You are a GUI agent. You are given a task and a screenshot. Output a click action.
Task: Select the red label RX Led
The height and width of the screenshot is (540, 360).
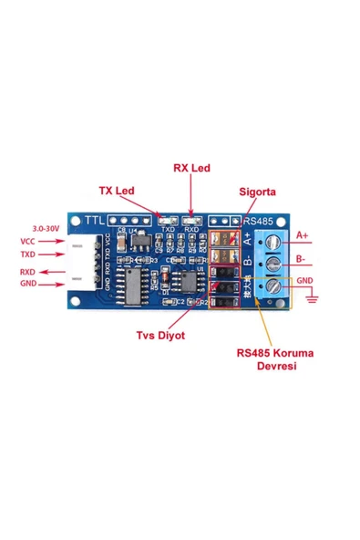[191, 169]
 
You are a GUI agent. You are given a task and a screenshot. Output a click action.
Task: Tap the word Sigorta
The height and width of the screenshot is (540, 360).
[256, 192]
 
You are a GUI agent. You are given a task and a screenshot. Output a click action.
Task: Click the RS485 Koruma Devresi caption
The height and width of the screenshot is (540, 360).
[273, 358]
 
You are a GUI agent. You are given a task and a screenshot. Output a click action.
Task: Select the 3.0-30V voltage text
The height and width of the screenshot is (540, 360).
[46, 227]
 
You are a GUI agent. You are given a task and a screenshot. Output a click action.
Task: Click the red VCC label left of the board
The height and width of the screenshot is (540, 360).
[27, 241]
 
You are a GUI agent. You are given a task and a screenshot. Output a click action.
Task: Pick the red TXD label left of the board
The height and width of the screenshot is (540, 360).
[27, 254]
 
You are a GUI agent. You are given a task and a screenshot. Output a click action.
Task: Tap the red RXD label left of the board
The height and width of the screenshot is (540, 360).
[27, 272]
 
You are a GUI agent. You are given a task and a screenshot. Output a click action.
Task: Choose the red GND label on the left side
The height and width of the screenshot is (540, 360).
[27, 285]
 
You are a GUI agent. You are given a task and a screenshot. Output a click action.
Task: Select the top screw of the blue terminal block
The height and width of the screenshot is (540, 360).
[271, 241]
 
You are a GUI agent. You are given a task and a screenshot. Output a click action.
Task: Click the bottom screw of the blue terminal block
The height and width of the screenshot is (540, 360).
[271, 287]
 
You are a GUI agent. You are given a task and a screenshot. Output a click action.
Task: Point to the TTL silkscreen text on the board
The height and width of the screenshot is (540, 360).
[94, 221]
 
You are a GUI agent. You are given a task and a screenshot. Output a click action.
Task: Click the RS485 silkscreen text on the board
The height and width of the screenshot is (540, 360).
[259, 221]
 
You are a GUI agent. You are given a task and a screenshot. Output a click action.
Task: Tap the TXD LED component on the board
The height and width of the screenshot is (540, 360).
[167, 220]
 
